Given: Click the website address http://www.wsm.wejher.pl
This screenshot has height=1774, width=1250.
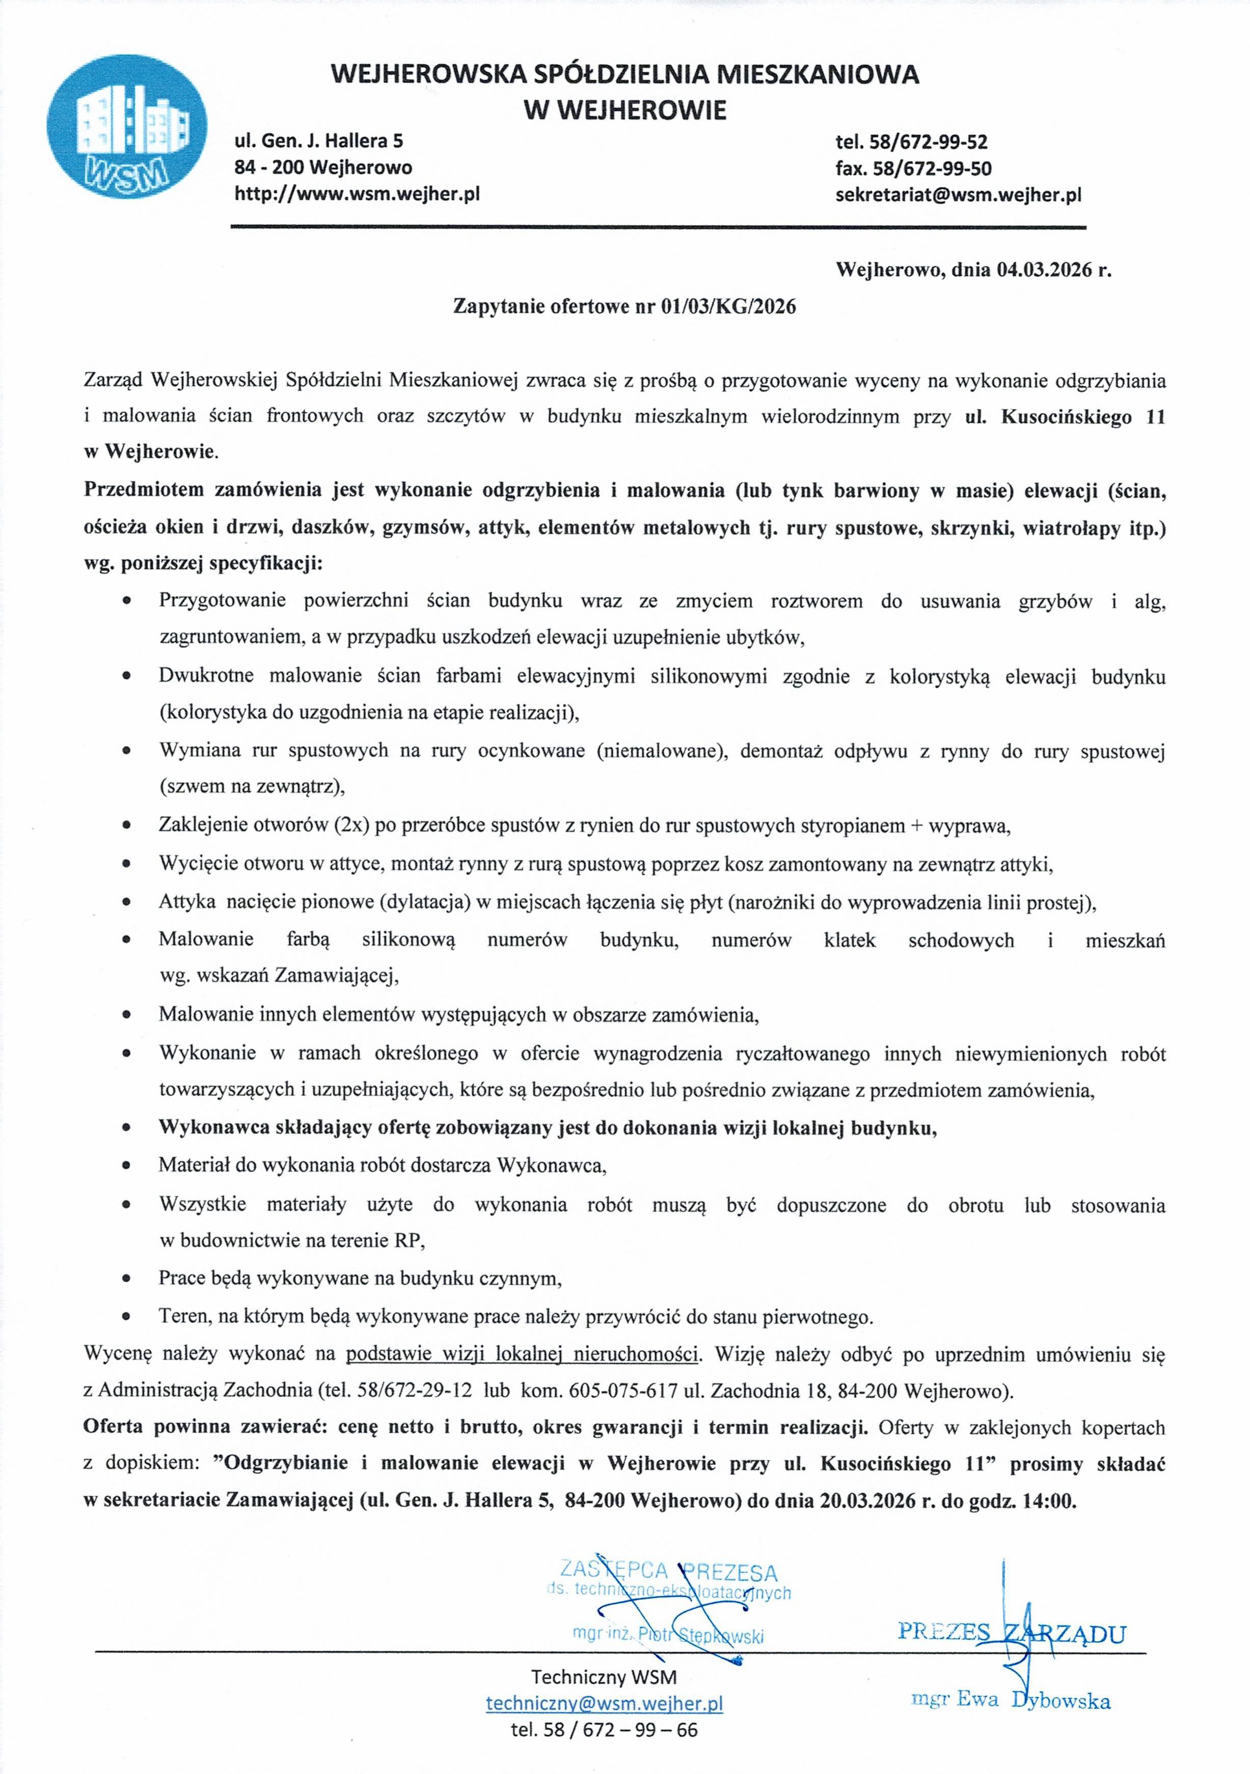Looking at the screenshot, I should coord(357,194).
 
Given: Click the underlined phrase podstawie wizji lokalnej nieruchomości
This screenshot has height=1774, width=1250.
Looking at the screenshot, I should coord(523,1354).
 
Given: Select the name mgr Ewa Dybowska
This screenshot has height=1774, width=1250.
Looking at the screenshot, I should coord(1011,1699).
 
